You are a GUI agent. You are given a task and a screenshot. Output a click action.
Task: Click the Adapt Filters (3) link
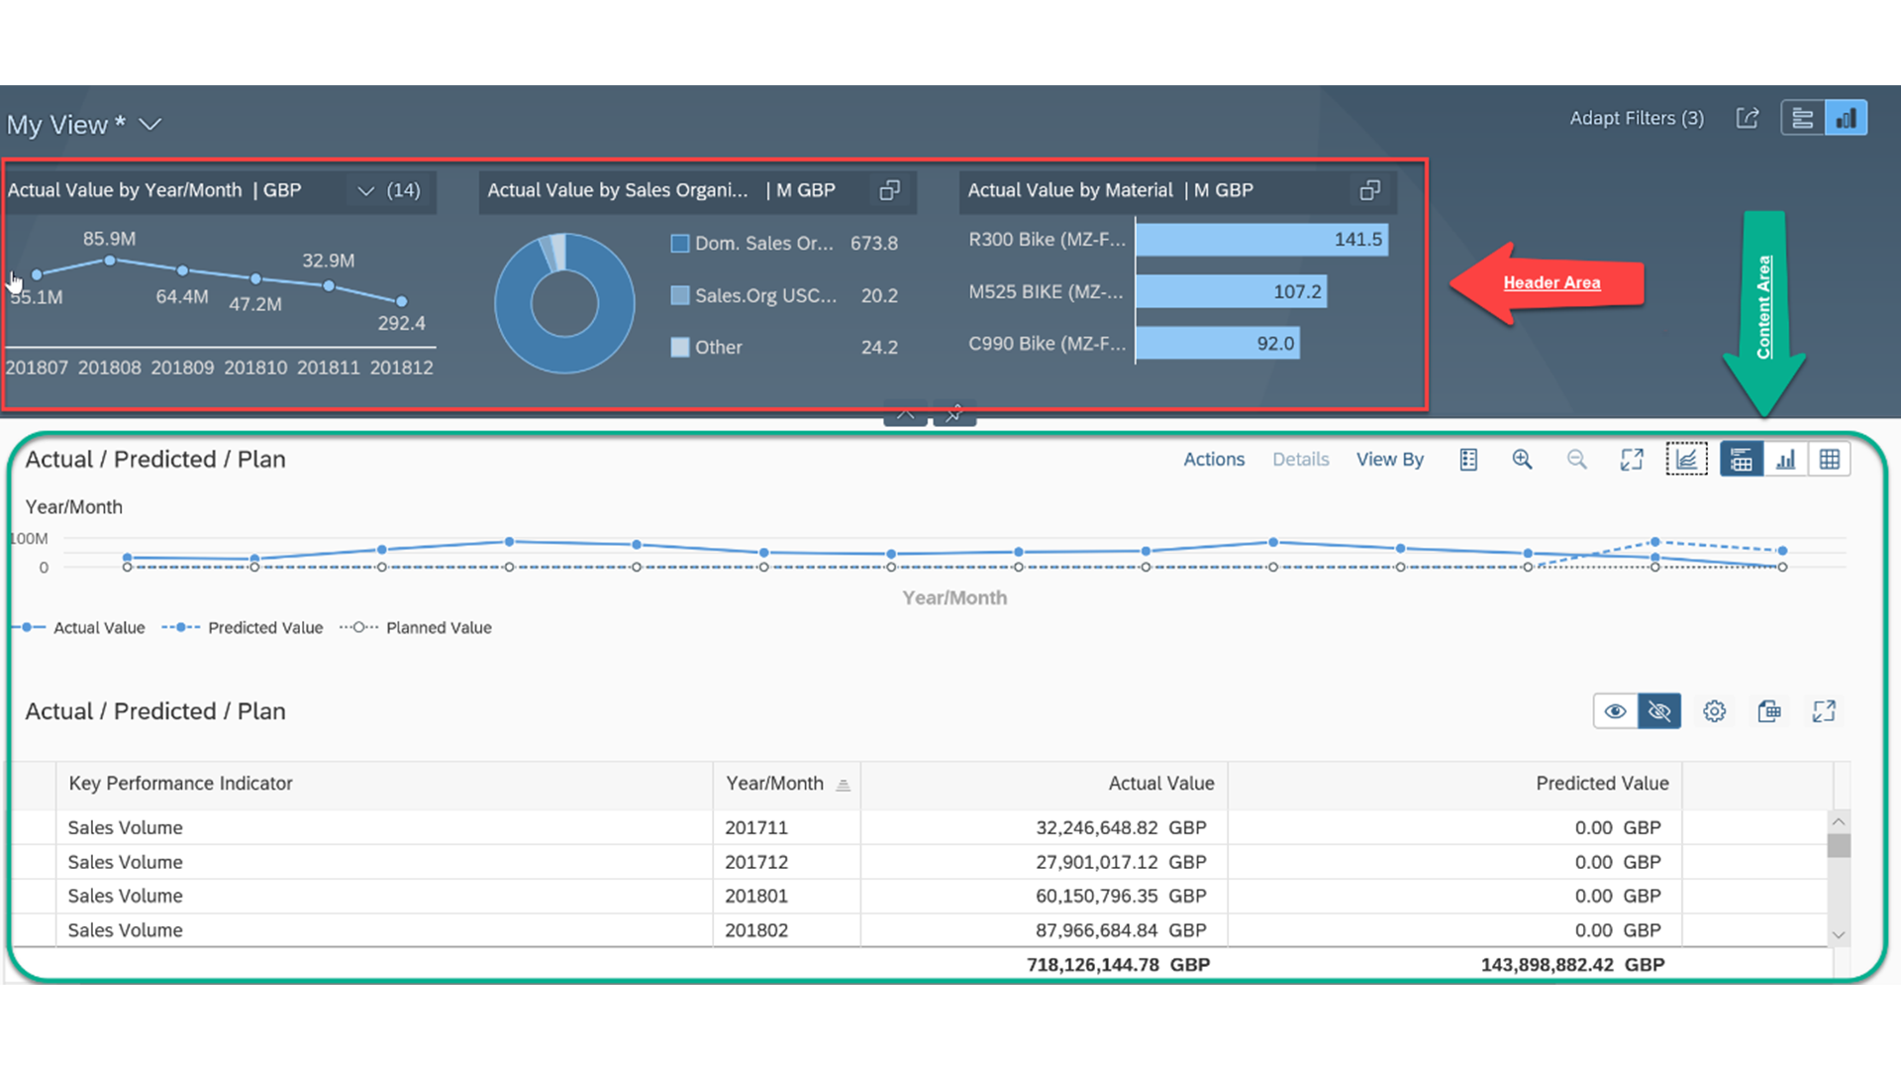pyautogui.click(x=1637, y=118)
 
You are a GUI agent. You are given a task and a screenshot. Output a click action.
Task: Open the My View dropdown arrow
pyautogui.click(x=150, y=125)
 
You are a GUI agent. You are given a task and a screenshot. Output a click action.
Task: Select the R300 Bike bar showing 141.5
pyautogui.click(x=1261, y=240)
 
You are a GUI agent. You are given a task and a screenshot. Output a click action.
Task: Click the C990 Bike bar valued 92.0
pyautogui.click(x=1218, y=344)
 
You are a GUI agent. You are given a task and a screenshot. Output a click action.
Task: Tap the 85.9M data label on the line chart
pyautogui.click(x=109, y=239)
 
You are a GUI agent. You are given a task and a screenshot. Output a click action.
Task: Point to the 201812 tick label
pyautogui.click(x=401, y=368)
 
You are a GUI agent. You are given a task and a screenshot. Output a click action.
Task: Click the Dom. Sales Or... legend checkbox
pyautogui.click(x=680, y=244)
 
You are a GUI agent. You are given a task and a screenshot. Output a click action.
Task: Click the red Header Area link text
pyautogui.click(x=1551, y=282)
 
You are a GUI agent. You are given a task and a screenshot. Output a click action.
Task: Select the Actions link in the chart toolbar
pyautogui.click(x=1214, y=460)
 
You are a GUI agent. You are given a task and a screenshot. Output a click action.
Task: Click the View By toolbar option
pyautogui.click(x=1390, y=460)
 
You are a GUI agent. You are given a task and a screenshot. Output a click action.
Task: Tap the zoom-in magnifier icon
pyautogui.click(x=1522, y=460)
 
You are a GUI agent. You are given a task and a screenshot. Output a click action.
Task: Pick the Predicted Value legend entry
pyautogui.click(x=243, y=628)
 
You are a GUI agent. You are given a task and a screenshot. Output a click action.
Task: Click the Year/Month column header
pyautogui.click(x=775, y=784)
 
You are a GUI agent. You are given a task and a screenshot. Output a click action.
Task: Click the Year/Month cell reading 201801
pyautogui.click(x=756, y=897)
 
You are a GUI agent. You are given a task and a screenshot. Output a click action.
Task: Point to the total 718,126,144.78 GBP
pyautogui.click(x=1118, y=965)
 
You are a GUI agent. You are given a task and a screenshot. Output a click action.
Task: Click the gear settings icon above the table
pyautogui.click(x=1715, y=711)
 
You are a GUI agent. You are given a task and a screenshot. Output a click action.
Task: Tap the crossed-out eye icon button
pyautogui.click(x=1659, y=711)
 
